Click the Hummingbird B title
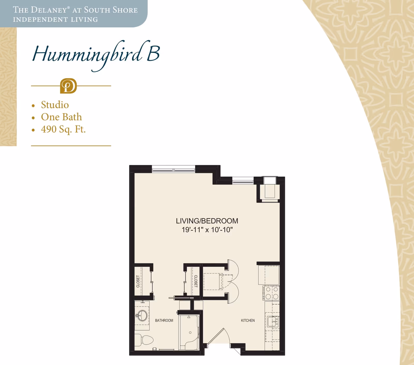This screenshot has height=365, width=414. pos(96,54)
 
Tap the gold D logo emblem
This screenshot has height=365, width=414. pos(68,86)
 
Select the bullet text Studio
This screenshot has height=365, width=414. pos(55,105)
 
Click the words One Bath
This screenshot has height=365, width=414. pos(61,117)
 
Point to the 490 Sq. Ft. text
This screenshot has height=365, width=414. pos(63,129)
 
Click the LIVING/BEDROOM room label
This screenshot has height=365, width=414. pos(207,221)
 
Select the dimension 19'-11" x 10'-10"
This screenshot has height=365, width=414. pos(207,230)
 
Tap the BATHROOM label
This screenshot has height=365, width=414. pos(164,321)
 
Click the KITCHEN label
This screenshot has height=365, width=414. pos(248,321)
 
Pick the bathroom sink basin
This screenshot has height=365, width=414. pos(142,316)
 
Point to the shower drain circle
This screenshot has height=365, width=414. pos(190,333)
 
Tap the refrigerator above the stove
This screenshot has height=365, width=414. pos(269,275)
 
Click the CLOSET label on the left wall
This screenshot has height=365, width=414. pos(138,281)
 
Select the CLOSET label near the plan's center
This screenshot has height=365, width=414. pos(196,281)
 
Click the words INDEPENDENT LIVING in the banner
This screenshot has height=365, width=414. pos(55,20)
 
